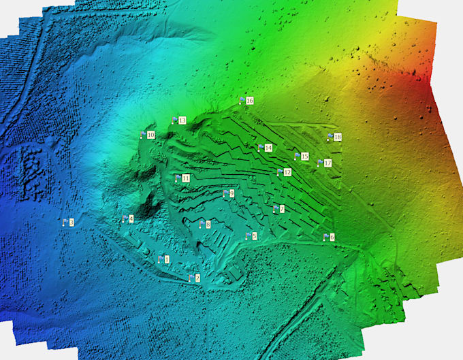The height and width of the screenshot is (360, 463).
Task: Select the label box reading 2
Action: click(x=197, y=278)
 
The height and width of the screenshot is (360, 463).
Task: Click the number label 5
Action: click(x=255, y=235)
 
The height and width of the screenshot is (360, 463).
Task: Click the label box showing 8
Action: click(x=208, y=224)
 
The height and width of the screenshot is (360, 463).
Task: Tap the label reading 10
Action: click(x=150, y=135)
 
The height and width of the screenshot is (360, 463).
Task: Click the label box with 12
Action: click(x=287, y=172)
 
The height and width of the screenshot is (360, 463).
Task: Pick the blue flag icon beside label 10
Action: click(x=142, y=135)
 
